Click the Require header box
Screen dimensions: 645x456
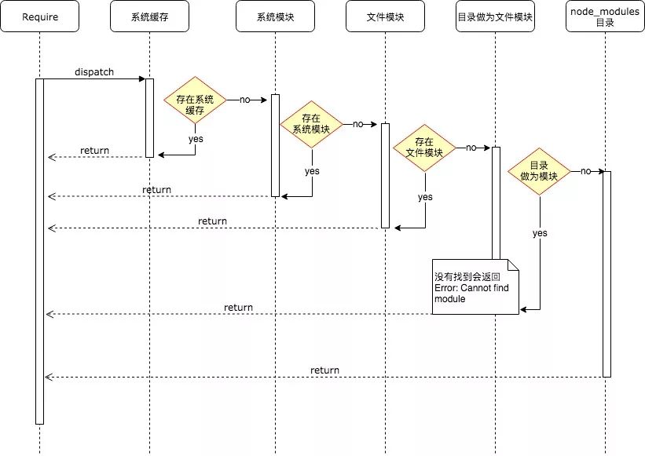pyautogui.click(x=40, y=16)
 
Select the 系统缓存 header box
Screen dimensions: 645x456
pyautogui.click(x=150, y=16)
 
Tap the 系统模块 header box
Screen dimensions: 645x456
pyautogui.click(x=275, y=16)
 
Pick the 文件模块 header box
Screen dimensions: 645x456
pyautogui.click(x=385, y=16)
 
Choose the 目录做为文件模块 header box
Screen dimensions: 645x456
pyautogui.click(x=495, y=16)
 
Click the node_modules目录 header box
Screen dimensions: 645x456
pyautogui.click(x=605, y=16)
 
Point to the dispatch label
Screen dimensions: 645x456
pyautogui.click(x=94, y=72)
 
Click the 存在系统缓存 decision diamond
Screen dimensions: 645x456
pyautogui.click(x=195, y=100)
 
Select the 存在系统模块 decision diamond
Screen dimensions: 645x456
pyautogui.click(x=311, y=124)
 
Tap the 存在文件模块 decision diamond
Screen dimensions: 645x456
pyautogui.click(x=424, y=148)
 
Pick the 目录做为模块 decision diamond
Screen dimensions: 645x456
pyautogui.click(x=539, y=171)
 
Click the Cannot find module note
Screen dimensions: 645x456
pyautogui.click(x=475, y=286)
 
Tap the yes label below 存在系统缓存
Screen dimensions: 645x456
pyautogui.click(x=196, y=139)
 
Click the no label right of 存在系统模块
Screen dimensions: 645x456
pyautogui.click(x=358, y=124)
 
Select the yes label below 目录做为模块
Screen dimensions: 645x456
pyautogui.click(x=540, y=233)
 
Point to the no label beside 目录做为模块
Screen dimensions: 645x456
pyautogui.click(x=586, y=171)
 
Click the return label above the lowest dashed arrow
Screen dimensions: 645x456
pyautogui.click(x=324, y=370)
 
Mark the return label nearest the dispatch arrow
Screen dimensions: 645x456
pyautogui.click(x=94, y=151)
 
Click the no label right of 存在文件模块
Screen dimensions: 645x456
pyautogui.click(x=471, y=148)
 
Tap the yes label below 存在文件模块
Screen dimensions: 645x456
pyautogui.click(x=425, y=197)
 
